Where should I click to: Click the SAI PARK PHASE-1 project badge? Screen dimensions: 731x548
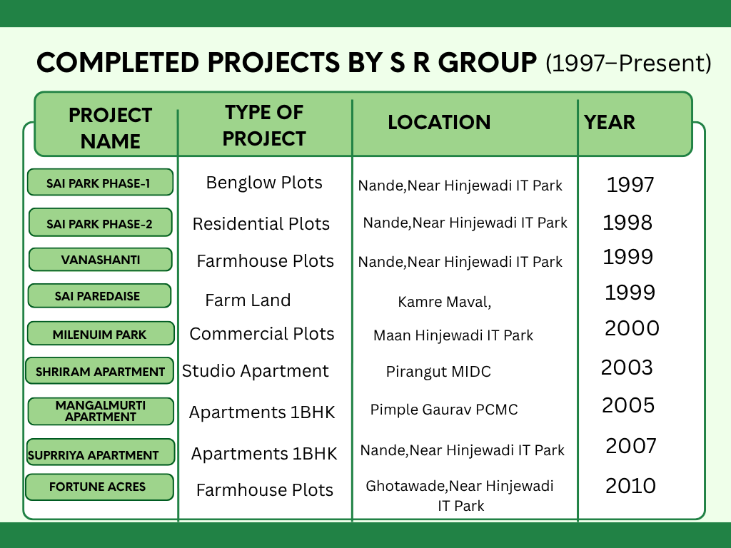click(x=100, y=182)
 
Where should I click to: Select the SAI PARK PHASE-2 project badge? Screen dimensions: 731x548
click(x=100, y=223)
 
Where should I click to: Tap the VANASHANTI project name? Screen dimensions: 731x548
click(x=100, y=260)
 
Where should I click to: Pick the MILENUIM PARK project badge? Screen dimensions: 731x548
click(x=101, y=334)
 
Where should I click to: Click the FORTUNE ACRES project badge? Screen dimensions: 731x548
click(x=99, y=487)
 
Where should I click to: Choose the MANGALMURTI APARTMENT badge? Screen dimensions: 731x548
click(x=101, y=411)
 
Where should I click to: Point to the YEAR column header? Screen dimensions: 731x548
click(x=610, y=122)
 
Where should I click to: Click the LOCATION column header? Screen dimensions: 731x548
click(x=439, y=122)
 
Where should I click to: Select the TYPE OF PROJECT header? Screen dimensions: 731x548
click(x=264, y=126)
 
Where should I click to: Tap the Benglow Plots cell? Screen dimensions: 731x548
click(x=264, y=183)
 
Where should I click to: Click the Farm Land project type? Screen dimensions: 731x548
click(x=248, y=300)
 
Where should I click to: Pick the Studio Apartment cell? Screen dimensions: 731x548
click(x=255, y=371)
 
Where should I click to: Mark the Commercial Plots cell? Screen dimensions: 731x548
click(x=261, y=334)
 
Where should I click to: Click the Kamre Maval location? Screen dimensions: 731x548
click(x=444, y=302)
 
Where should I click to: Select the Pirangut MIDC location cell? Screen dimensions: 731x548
click(x=438, y=371)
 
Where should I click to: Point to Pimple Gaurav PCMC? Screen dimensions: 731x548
click(x=444, y=410)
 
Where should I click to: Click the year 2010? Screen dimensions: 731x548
click(x=630, y=486)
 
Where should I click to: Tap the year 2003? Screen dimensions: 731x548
click(x=627, y=367)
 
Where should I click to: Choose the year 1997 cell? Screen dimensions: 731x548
click(x=630, y=185)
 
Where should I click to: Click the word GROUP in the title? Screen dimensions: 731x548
click(x=487, y=63)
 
